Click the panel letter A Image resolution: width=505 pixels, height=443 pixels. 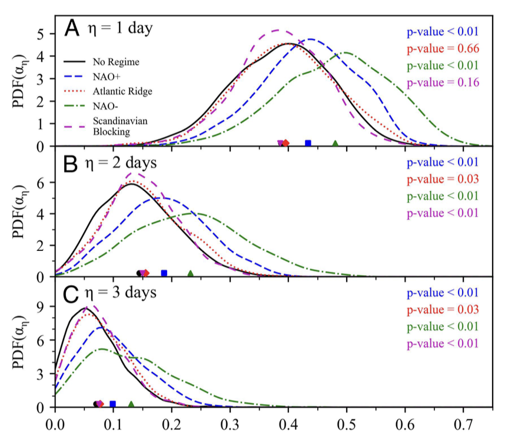pyautogui.click(x=71, y=27)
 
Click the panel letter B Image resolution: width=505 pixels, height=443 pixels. pyautogui.click(x=71, y=163)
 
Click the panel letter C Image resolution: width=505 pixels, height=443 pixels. pyautogui.click(x=71, y=293)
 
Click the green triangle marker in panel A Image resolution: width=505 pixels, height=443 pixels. pyautogui.click(x=335, y=143)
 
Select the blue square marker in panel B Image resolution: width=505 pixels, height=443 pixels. pyautogui.click(x=164, y=273)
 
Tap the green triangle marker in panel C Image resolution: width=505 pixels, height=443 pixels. pyautogui.click(x=131, y=404)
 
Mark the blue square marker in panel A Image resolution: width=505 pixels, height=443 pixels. pyautogui.click(x=308, y=143)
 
